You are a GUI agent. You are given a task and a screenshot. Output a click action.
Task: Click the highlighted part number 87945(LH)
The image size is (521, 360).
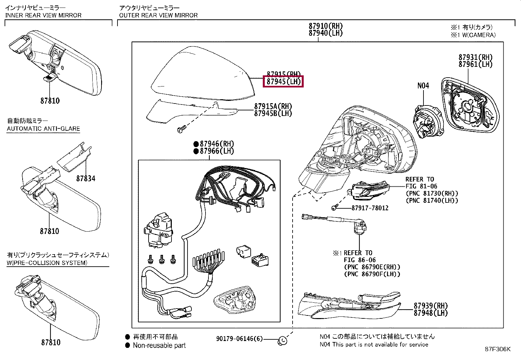(283, 81)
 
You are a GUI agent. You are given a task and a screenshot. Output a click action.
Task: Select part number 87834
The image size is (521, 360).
(86, 179)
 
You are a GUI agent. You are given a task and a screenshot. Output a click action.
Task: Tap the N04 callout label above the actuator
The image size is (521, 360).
(423, 86)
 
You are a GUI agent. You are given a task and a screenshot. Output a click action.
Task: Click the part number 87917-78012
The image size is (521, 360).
(370, 208)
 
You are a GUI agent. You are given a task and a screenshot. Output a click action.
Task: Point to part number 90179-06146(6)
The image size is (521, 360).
(239, 339)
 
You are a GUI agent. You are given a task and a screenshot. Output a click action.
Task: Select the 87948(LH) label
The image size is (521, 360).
(431, 313)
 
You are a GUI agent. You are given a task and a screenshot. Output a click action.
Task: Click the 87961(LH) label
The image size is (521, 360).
(475, 64)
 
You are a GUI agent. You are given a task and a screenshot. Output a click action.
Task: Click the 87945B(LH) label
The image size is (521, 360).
(273, 113)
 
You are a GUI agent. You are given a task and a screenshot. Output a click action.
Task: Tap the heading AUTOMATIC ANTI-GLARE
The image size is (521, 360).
(43, 129)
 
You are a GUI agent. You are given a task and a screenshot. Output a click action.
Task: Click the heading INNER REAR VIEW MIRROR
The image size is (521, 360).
(43, 15)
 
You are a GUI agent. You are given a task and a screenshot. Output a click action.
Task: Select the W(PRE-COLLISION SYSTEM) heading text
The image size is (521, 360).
(47, 263)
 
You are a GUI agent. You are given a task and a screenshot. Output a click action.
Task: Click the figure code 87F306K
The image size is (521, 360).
(497, 349)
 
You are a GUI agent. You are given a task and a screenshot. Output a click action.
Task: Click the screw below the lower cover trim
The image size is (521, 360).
(181, 130)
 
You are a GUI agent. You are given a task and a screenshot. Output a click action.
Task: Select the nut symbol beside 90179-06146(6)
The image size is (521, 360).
(282, 341)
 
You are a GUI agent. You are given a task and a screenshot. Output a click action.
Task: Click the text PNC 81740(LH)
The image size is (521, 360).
(432, 200)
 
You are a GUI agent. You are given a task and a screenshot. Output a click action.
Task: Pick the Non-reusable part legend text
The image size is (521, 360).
(159, 345)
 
